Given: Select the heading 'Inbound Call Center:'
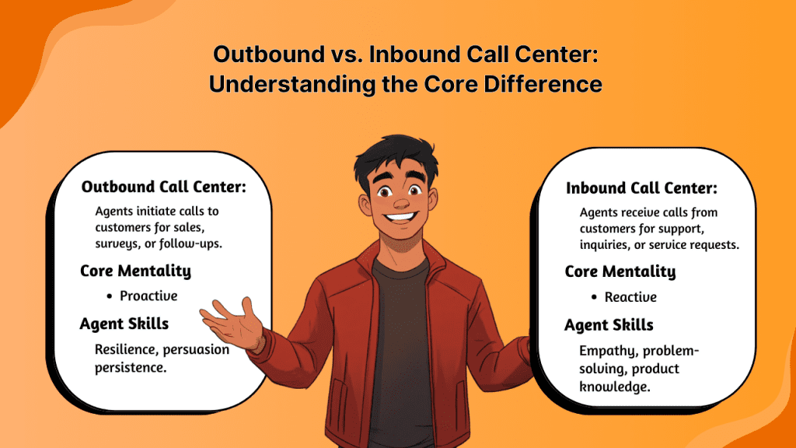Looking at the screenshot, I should pyautogui.click(x=641, y=188).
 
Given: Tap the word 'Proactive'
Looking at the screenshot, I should pyautogui.click(x=148, y=296).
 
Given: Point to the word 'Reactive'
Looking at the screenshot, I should pyautogui.click(x=630, y=297).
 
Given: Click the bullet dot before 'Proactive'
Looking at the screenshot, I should pyautogui.click(x=110, y=296).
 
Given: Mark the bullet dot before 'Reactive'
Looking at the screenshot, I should pyautogui.click(x=594, y=297).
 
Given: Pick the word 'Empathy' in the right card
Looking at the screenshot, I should pyautogui.click(x=603, y=351).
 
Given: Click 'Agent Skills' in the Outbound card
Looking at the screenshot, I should pyautogui.click(x=124, y=323).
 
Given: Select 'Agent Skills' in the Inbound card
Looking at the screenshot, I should pyautogui.click(x=609, y=324).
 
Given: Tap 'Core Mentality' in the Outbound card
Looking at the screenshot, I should pyautogui.click(x=135, y=271).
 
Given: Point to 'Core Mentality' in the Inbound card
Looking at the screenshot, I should pyautogui.click(x=620, y=271).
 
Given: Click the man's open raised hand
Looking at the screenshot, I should pyautogui.click(x=233, y=321).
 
